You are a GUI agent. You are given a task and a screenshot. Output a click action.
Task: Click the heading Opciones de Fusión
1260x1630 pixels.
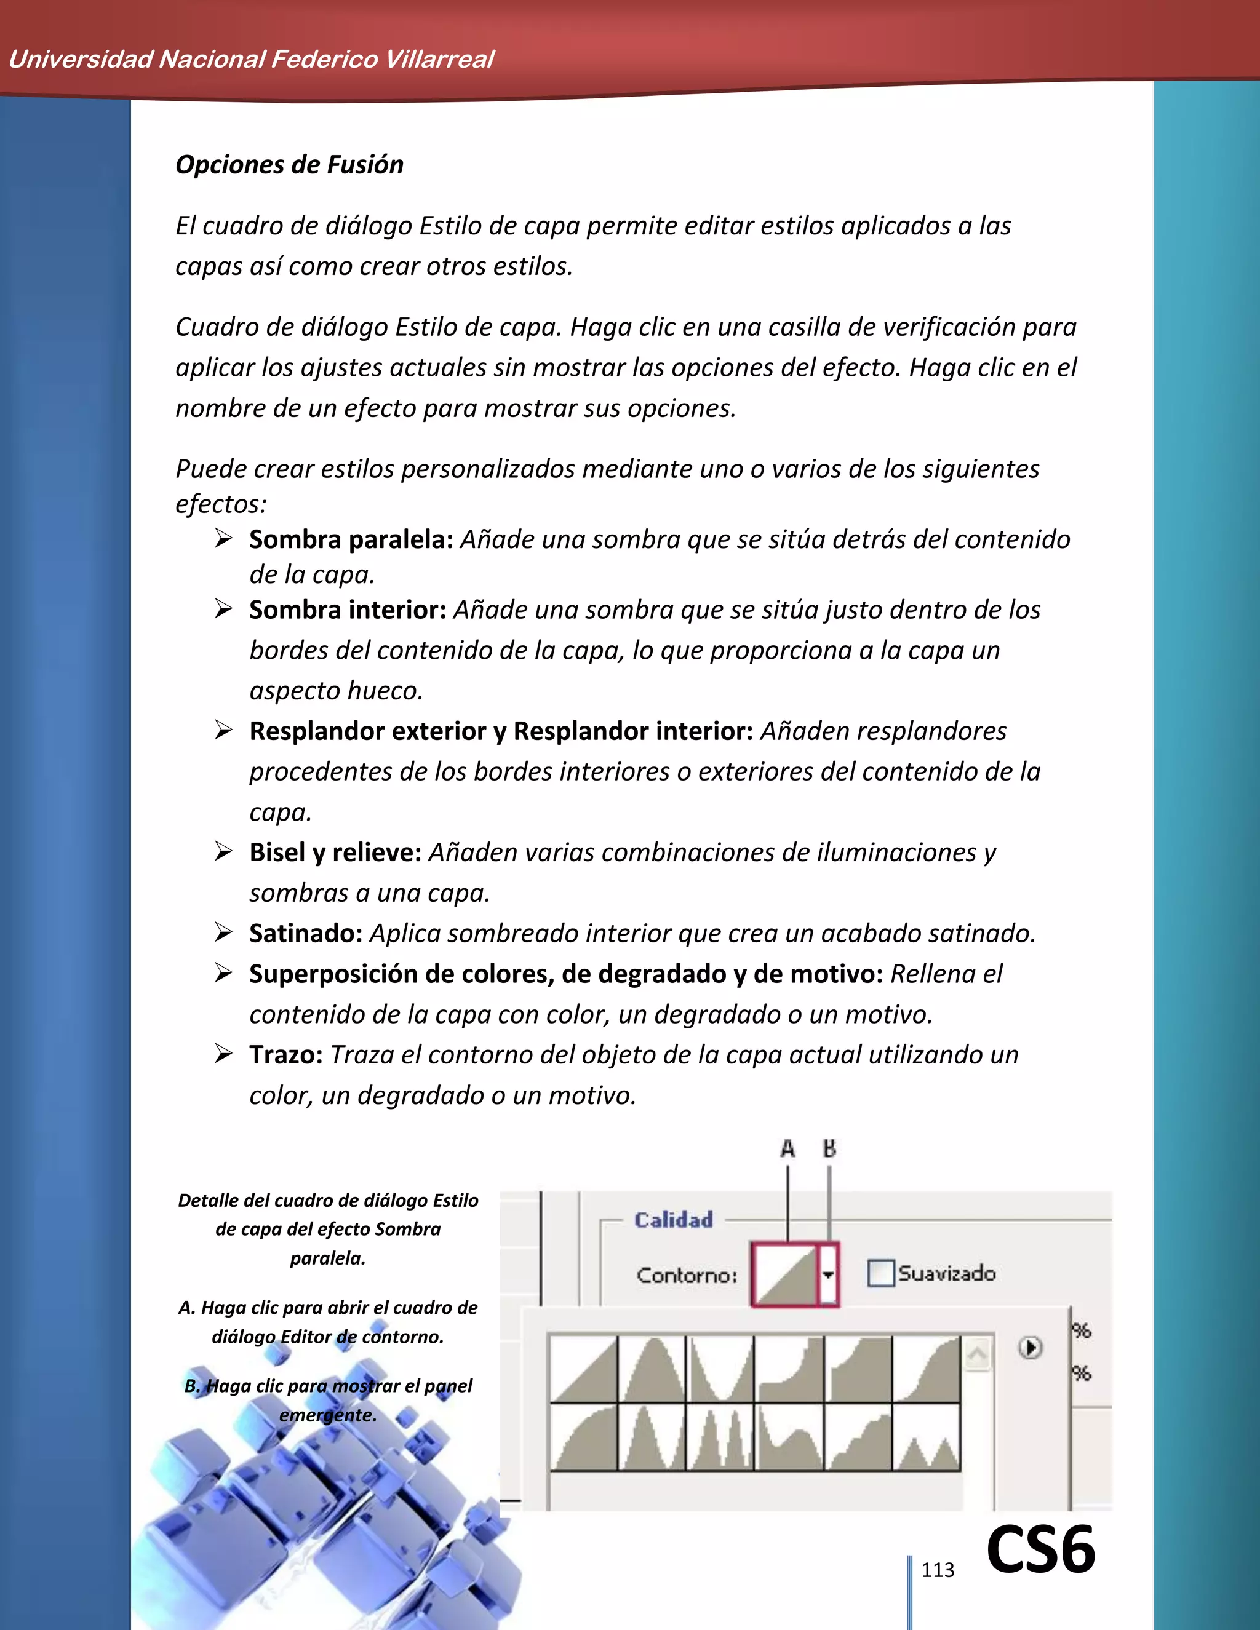(289, 164)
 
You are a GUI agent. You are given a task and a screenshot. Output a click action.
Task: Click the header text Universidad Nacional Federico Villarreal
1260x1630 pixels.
(251, 59)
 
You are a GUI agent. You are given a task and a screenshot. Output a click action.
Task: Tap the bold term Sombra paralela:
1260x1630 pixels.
(351, 539)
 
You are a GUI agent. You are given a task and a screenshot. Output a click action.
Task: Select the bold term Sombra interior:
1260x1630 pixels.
(347, 610)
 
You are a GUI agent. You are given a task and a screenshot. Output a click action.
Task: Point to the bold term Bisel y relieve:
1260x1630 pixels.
(335, 853)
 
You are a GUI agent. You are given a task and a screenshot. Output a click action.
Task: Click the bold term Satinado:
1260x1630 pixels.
(306, 933)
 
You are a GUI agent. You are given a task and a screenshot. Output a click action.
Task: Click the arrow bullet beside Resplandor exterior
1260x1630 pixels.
(223, 730)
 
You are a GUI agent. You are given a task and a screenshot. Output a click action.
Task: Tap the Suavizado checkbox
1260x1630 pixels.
(881, 1273)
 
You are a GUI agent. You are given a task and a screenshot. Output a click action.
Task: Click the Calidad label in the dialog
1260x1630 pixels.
(673, 1220)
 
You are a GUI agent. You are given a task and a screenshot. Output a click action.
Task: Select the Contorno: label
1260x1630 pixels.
(686, 1274)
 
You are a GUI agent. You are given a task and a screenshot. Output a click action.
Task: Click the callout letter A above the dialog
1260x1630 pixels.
(787, 1148)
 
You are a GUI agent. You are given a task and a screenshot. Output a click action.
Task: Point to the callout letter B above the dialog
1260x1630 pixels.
(829, 1148)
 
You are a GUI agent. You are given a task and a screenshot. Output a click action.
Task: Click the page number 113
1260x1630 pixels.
(938, 1570)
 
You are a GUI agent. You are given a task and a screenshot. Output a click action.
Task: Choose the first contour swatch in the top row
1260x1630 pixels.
(584, 1369)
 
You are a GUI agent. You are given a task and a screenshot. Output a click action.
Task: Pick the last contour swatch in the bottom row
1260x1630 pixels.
(927, 1437)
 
